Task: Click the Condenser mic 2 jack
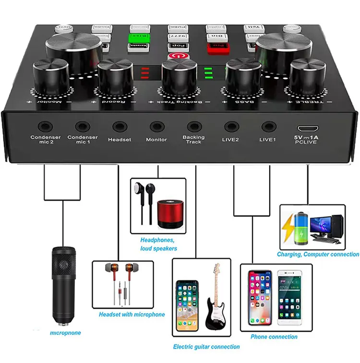click(x=46, y=126)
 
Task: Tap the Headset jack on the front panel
click(x=119, y=126)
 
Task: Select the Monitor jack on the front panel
click(x=156, y=126)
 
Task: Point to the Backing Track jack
click(x=193, y=126)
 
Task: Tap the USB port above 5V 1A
click(x=307, y=129)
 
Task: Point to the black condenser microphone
click(x=65, y=283)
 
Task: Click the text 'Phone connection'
click(x=274, y=337)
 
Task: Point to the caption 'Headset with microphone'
click(x=132, y=315)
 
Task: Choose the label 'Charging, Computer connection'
click(x=318, y=254)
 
